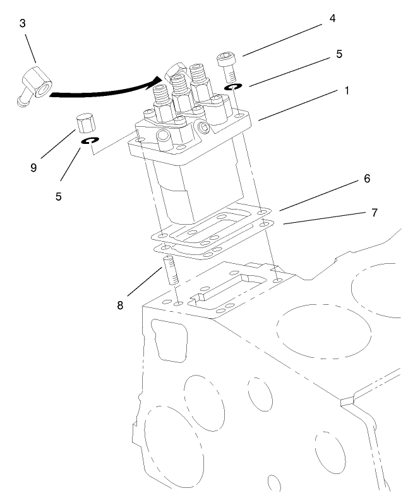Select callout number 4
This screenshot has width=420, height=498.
[332, 18]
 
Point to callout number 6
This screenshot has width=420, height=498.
[366, 179]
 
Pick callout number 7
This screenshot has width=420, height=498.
[373, 213]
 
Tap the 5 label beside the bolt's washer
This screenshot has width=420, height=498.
[339, 54]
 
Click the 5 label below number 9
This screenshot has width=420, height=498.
[58, 196]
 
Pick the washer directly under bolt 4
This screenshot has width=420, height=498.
[232, 86]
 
